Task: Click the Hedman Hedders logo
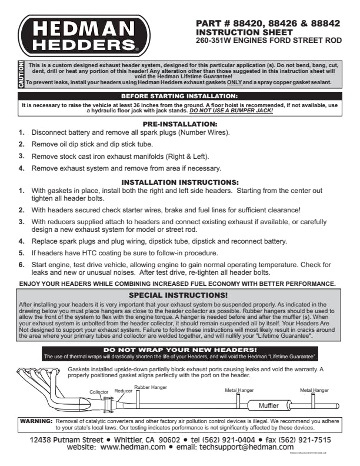[82, 36]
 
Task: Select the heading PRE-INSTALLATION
[180, 125]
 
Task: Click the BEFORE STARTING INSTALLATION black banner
[179, 95]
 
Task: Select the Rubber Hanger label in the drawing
[151, 387]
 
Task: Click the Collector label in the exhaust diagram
[99, 391]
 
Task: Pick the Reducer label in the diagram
[124, 390]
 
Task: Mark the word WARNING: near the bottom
[36, 422]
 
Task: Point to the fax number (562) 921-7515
[303, 440]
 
